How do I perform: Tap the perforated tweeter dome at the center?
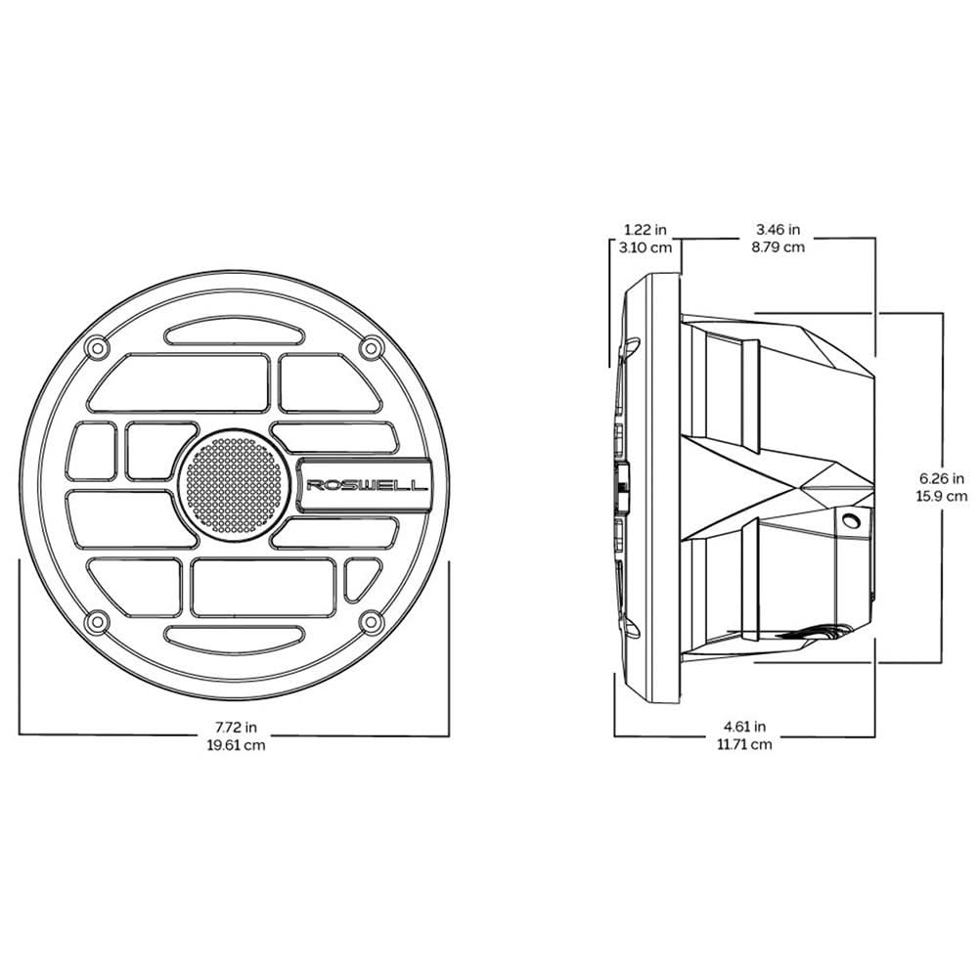tap(233, 484)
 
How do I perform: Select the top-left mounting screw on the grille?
tap(95, 347)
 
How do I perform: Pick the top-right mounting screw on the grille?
tap(370, 347)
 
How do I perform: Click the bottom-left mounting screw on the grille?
tap(95, 621)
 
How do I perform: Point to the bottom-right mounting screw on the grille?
tap(370, 621)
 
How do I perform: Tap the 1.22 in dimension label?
tap(646, 230)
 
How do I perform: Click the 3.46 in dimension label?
tap(778, 230)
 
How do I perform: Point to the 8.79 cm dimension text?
tap(778, 247)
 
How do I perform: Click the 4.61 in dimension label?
tap(745, 727)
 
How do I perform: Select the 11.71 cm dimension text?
tap(745, 744)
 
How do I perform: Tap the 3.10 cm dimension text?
tap(646, 247)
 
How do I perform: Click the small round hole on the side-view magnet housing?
tap(852, 522)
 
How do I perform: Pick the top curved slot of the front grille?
tap(233, 334)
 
